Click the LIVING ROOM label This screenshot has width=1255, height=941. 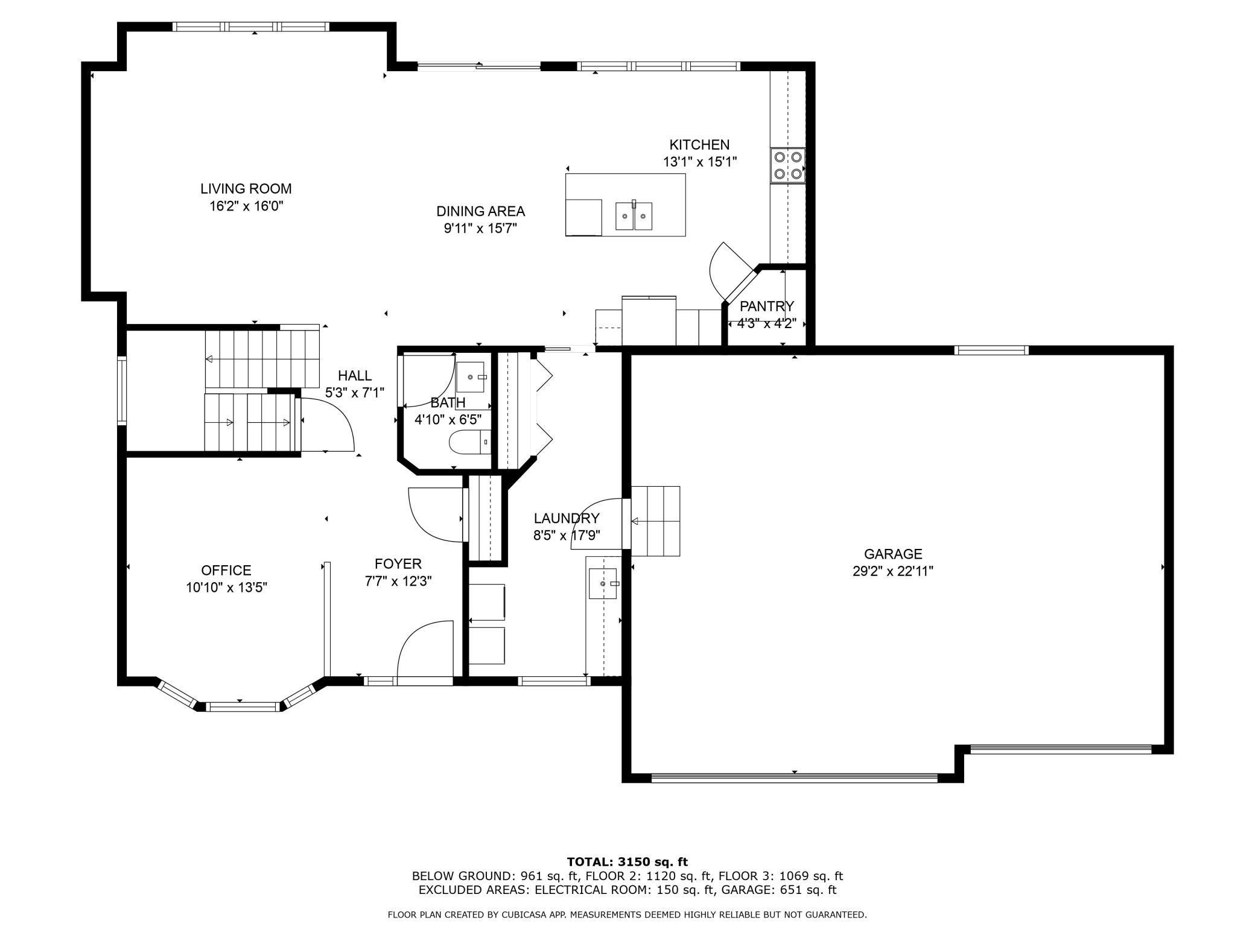point(246,189)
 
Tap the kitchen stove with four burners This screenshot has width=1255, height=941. point(788,165)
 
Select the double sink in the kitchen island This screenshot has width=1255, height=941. point(634,216)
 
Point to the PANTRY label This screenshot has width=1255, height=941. point(766,306)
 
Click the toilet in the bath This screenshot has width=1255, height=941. point(471,442)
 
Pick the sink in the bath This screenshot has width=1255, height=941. point(471,377)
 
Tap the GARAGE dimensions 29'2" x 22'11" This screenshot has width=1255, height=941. point(892,571)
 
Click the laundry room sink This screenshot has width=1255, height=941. point(603,583)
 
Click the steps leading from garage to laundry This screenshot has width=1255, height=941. point(656,521)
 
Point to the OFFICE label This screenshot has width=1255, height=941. point(226,570)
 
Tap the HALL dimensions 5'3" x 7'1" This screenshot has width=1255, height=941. point(355,393)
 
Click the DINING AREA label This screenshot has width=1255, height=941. point(480,211)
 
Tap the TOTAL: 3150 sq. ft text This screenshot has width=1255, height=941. point(627,862)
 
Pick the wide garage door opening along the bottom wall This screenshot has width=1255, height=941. point(795,778)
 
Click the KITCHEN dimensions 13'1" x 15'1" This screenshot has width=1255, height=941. point(699,162)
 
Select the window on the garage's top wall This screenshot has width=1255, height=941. point(991,350)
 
